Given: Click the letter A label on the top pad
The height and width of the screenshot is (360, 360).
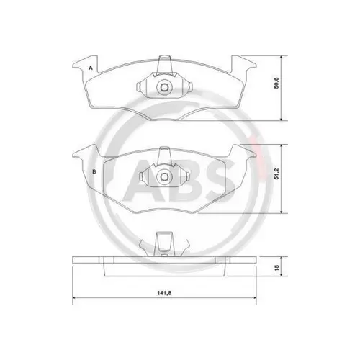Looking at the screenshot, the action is [x=91, y=68].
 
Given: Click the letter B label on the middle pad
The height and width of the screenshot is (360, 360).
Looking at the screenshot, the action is [x=94, y=172].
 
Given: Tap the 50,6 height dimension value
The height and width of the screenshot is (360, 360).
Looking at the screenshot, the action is [x=276, y=84].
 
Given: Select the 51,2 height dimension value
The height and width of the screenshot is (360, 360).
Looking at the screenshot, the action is [x=276, y=174].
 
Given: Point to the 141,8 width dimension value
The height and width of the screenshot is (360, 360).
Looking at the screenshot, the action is [x=164, y=293].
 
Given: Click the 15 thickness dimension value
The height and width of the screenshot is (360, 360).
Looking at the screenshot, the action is [x=276, y=268].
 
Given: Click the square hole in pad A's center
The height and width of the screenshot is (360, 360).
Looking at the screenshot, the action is [x=164, y=87].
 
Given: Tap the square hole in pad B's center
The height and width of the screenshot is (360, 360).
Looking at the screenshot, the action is [x=164, y=176].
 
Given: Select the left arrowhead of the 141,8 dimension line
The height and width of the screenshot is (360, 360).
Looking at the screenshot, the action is [x=74, y=298].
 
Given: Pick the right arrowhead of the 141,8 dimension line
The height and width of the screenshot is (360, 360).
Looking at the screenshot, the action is [x=254, y=298].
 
